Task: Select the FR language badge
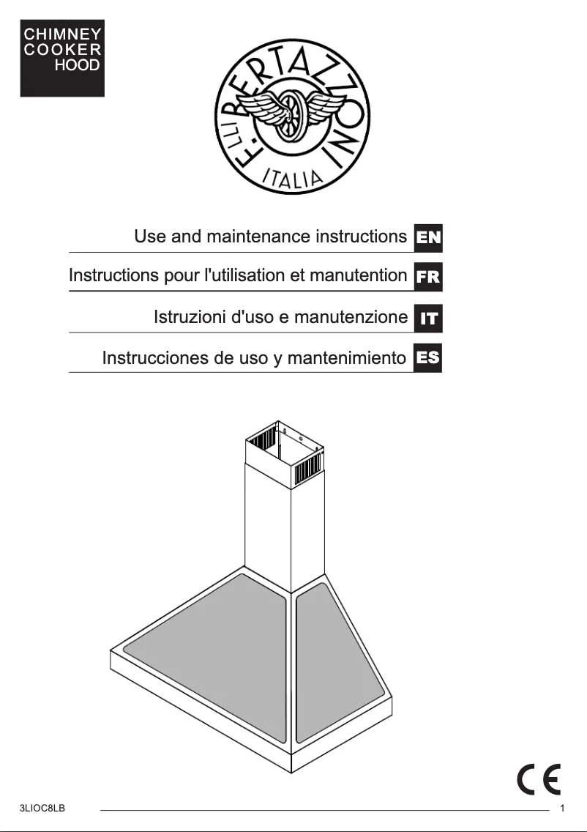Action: pyautogui.click(x=428, y=278)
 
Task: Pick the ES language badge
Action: pyautogui.click(x=428, y=358)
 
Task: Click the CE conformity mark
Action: pyautogui.click(x=539, y=779)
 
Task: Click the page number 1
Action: pyautogui.click(x=561, y=809)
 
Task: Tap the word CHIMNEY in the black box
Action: pyautogui.click(x=62, y=34)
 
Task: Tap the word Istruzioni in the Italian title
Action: pyautogui.click(x=190, y=317)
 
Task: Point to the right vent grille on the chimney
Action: pyautogui.click(x=307, y=469)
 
